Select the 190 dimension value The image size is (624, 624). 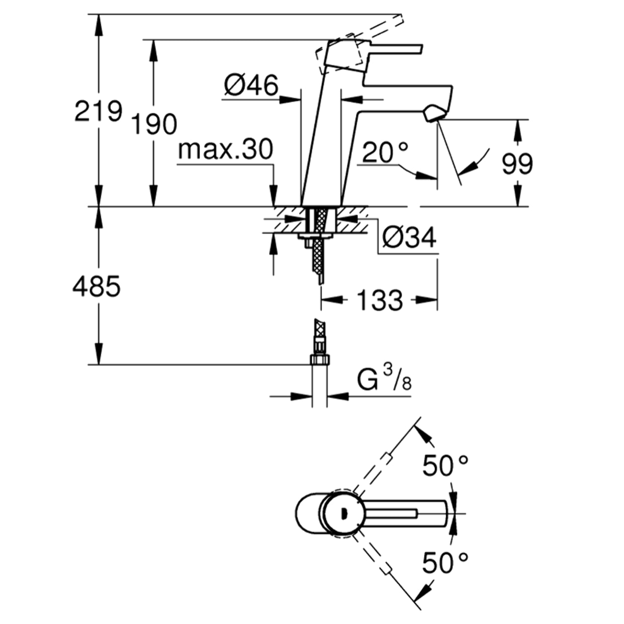(154, 124)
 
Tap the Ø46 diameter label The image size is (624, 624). (251, 86)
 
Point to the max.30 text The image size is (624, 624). (225, 149)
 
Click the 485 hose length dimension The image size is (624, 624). (96, 287)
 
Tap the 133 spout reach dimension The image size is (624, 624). (379, 300)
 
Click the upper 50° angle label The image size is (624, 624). (445, 466)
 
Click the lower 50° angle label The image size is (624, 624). (445, 563)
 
